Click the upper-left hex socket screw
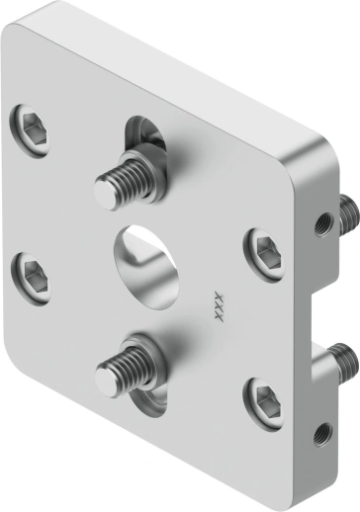pos(30,126)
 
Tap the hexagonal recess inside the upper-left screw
pos(30,127)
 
